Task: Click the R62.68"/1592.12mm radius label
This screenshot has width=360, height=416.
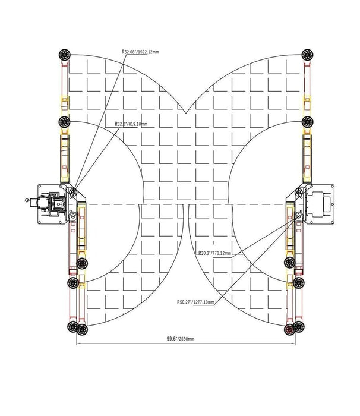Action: (x=140, y=52)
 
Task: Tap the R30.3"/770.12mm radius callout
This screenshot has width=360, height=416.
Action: (x=214, y=253)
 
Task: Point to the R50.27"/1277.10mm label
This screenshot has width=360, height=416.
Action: (x=195, y=302)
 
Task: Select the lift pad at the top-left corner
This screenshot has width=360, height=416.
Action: (x=64, y=55)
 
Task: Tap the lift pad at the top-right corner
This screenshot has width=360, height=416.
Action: (x=307, y=55)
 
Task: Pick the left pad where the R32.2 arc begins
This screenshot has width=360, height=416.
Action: (x=64, y=122)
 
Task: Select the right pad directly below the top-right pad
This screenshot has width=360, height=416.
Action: (x=307, y=122)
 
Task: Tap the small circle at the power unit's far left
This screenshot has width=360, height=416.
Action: (x=27, y=201)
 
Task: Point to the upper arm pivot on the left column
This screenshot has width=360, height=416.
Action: (x=72, y=192)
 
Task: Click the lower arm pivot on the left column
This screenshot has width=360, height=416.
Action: (x=72, y=218)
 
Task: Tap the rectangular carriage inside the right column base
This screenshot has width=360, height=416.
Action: (x=324, y=204)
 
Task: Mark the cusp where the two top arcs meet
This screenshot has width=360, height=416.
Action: (x=186, y=113)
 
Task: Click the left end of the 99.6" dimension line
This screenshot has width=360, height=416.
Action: (x=76, y=344)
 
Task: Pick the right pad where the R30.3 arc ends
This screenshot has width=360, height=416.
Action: (x=290, y=262)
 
